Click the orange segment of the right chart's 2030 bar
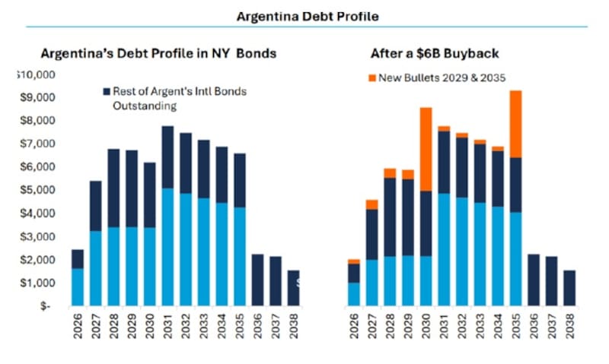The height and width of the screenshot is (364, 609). click(426, 148)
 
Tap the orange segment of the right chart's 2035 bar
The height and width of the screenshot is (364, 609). click(515, 123)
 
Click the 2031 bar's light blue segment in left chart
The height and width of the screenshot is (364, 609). click(167, 247)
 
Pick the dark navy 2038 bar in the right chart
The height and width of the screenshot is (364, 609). click(569, 287)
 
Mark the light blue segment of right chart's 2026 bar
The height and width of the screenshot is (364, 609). click(354, 294)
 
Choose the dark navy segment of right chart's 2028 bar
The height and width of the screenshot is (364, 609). click(390, 217)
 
